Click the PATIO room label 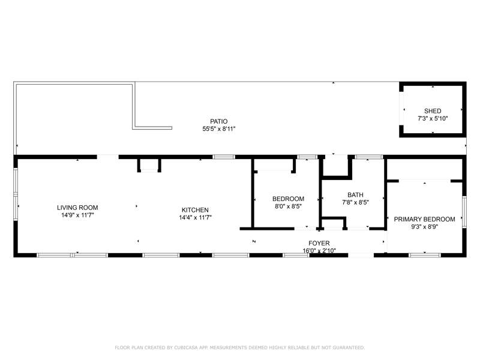[218, 121]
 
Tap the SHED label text [433, 111]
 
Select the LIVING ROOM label [77, 208]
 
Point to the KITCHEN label [195, 210]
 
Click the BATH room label [355, 194]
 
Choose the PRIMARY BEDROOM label [424, 219]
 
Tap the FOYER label [319, 243]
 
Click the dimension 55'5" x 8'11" [219, 129]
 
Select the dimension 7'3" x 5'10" [433, 118]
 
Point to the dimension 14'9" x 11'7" [77, 215]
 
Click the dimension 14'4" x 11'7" [196, 218]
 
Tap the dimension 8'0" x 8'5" [289, 206]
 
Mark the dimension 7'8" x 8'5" [355, 202]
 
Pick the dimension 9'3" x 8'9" [425, 227]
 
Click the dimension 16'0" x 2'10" [319, 251]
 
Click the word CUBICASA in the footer [186, 347]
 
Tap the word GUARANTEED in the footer [350, 347]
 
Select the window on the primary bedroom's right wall [464, 212]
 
